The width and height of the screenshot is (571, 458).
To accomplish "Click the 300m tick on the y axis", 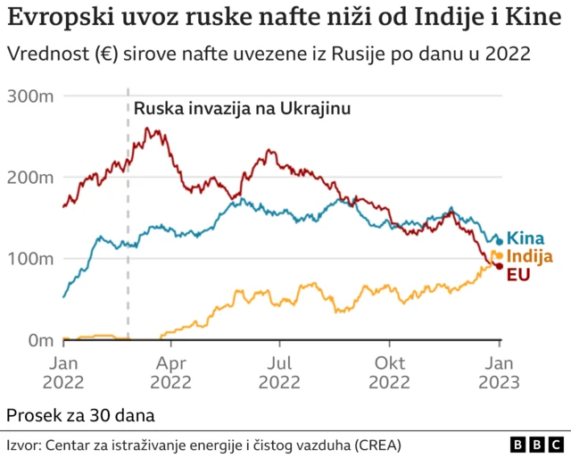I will pyautogui.click(x=30, y=95).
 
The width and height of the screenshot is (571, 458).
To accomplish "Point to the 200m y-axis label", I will pyautogui.click(x=30, y=177).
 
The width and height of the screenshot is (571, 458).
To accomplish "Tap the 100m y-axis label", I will pyautogui.click(x=30, y=258).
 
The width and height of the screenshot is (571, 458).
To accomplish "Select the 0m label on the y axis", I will pyautogui.click(x=39, y=339).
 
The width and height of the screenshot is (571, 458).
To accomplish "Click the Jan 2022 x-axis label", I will pyautogui.click(x=64, y=372).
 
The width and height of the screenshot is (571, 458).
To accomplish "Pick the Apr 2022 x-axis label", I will pyautogui.click(x=171, y=372).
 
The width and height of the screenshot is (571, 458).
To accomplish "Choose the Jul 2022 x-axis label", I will pyautogui.click(x=279, y=372).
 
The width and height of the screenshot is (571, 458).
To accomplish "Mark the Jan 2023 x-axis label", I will pyautogui.click(x=499, y=372).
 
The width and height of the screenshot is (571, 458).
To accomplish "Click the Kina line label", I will pyautogui.click(x=525, y=237).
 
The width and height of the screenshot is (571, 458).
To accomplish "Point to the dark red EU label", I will pyautogui.click(x=519, y=274).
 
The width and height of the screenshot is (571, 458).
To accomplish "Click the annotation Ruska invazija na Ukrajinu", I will pyautogui.click(x=242, y=109).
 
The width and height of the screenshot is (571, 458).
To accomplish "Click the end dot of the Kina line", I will pyautogui.click(x=500, y=240).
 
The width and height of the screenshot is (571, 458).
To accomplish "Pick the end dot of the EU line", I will pyautogui.click(x=500, y=266).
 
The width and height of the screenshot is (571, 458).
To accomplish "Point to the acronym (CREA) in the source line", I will pyautogui.click(x=377, y=444).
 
